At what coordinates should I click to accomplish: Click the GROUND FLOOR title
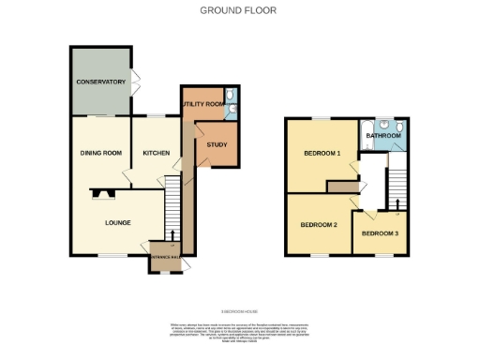point(238,10)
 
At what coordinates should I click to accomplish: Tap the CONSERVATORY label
point(100,82)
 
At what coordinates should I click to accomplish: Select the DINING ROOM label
point(100,152)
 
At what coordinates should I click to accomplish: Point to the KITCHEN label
point(155,152)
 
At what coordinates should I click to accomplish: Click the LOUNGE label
point(117,222)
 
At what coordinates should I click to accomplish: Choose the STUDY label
point(217,144)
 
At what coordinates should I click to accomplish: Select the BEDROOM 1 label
point(321,154)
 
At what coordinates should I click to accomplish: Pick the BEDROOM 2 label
point(318,225)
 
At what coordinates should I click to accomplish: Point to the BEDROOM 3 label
point(379,232)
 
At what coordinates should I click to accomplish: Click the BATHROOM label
point(383,137)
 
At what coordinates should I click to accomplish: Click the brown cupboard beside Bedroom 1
point(341,187)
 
